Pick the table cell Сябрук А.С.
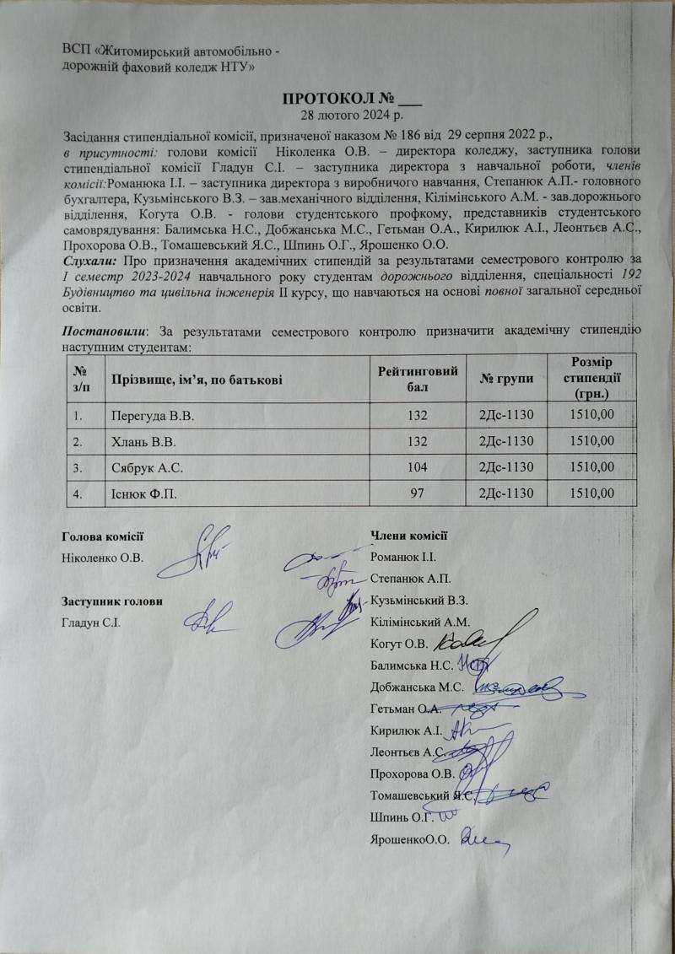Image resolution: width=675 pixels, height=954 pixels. click(138, 467)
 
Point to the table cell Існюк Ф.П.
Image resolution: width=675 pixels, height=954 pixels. click(138, 494)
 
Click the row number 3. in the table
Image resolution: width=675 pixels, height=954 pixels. click(78, 467)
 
